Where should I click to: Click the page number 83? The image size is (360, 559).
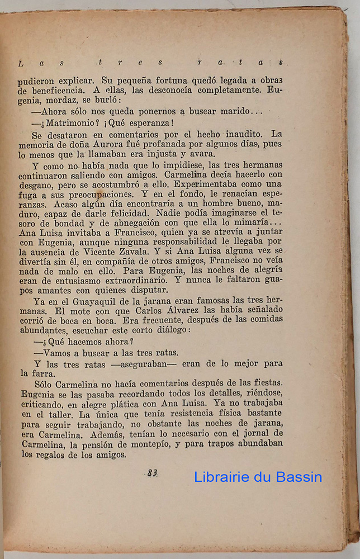(152, 473)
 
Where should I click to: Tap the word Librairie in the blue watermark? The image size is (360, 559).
(225, 477)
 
